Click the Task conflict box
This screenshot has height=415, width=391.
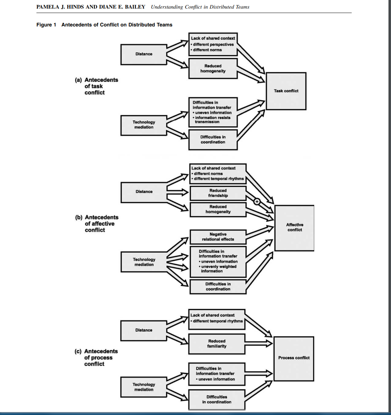tap(286, 91)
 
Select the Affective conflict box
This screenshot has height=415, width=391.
tap(294, 228)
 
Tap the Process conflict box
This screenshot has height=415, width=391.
tap(294, 358)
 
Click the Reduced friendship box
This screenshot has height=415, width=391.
tap(218, 193)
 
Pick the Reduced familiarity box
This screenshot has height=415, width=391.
tap(216, 344)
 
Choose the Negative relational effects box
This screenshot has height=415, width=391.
tap(218, 237)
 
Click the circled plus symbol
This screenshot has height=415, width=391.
tap(256, 202)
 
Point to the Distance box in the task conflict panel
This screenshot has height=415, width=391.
tap(144, 54)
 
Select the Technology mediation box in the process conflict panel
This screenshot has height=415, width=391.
tap(144, 387)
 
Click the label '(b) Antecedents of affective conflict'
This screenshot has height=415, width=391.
tap(97, 223)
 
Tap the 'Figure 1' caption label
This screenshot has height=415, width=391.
tap(46, 25)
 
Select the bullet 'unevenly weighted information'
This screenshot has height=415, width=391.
tap(218, 269)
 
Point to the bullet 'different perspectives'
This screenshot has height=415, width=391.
tap(213, 44)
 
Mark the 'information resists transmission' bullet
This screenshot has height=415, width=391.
tap(212, 120)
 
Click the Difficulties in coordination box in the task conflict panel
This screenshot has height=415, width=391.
tap(213, 139)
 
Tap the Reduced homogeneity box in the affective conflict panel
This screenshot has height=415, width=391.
tap(218, 209)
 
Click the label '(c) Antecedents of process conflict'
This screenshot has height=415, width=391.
tap(96, 357)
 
